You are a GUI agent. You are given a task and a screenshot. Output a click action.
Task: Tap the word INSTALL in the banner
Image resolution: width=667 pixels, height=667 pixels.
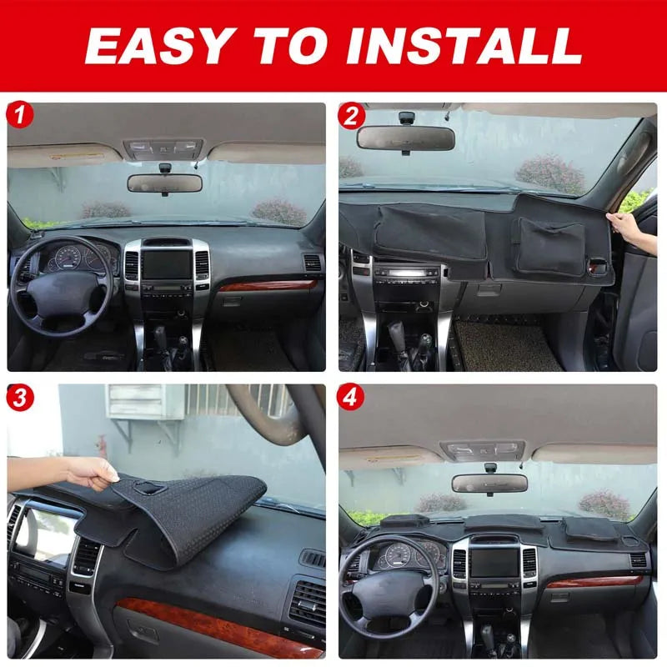[x=464, y=46]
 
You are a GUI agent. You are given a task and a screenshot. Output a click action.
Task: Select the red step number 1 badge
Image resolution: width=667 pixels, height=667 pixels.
[x=19, y=115]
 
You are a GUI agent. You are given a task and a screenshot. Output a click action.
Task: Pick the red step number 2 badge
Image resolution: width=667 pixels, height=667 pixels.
[x=351, y=115]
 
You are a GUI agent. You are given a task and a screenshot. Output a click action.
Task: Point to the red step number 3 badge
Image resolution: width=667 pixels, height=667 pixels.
[x=19, y=398]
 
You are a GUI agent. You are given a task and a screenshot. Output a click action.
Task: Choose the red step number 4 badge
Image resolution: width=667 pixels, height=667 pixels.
[x=350, y=398]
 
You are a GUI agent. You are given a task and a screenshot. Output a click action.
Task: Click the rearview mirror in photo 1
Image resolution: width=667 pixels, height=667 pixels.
[x=164, y=183]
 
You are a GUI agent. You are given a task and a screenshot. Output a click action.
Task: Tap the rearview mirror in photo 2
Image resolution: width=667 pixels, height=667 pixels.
[x=405, y=138]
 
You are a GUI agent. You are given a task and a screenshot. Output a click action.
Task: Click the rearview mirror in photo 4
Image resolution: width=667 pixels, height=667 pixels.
[x=489, y=483]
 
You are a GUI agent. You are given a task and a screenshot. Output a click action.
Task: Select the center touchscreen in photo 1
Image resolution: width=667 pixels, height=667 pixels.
[x=167, y=264]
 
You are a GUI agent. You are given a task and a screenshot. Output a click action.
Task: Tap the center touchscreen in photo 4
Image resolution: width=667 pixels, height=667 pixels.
[x=494, y=562]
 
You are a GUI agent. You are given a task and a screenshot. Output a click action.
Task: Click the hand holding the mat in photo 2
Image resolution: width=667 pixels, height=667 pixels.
[x=629, y=230]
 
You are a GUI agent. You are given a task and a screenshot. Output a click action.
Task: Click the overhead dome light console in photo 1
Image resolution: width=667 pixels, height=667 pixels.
[x=163, y=149]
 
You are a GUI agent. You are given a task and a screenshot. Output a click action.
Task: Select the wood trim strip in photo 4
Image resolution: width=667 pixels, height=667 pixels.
[x=594, y=581]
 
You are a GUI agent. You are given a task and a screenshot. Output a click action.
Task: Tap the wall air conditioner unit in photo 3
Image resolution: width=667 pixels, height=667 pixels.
[x=144, y=402]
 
